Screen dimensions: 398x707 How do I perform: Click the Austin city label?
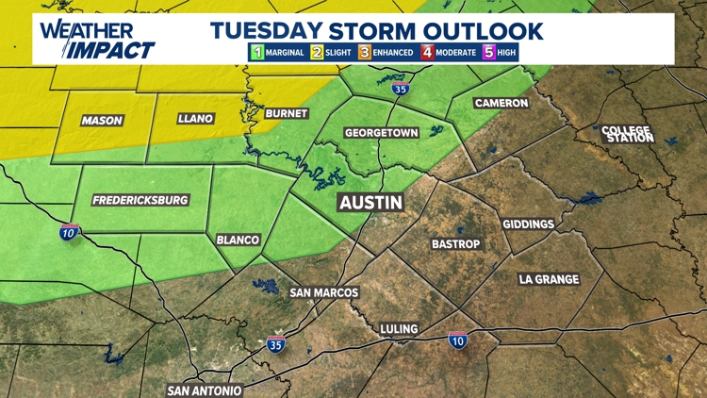[371, 203]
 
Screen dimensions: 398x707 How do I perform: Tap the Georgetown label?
[381, 133]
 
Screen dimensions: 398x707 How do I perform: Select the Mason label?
[102, 120]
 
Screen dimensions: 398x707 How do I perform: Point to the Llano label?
[195, 119]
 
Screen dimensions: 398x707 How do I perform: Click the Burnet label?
[287, 113]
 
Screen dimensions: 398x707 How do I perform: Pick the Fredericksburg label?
[140, 200]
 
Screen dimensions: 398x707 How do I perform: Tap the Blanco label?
[238, 240]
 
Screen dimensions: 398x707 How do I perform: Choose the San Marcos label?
[323, 292]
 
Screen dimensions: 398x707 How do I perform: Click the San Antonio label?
[205, 390]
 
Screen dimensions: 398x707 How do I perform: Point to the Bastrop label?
[456, 244]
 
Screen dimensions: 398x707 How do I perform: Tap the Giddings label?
[529, 224]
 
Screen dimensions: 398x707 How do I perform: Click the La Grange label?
[549, 279]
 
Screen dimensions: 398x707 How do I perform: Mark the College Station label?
[627, 134]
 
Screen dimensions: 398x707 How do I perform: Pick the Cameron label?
[501, 103]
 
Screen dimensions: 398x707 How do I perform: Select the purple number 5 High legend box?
[488, 52]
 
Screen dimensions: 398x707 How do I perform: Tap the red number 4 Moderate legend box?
[427, 52]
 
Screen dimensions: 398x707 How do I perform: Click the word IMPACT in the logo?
[114, 49]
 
